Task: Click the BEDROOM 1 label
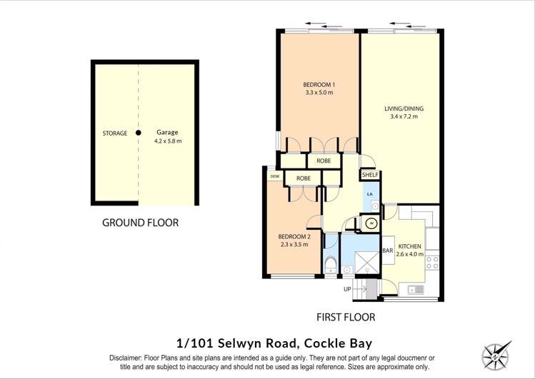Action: pos(319,85)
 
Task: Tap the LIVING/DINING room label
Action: pos(400,108)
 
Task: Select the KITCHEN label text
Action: pos(410,246)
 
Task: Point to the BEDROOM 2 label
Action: pos(294,237)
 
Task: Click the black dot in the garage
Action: pos(139,132)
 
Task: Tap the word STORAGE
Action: pos(114,133)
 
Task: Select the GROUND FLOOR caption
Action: pos(140,223)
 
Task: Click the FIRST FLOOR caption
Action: pos(346,317)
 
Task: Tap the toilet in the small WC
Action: pos(330,266)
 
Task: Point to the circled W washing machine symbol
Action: pos(371,223)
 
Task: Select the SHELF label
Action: pos(370,175)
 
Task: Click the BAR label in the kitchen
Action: pos(388,251)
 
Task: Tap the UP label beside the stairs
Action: pos(348,289)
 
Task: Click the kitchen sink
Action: pos(412,289)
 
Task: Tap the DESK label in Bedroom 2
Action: pos(274,176)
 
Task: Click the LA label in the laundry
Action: pos(369,193)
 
